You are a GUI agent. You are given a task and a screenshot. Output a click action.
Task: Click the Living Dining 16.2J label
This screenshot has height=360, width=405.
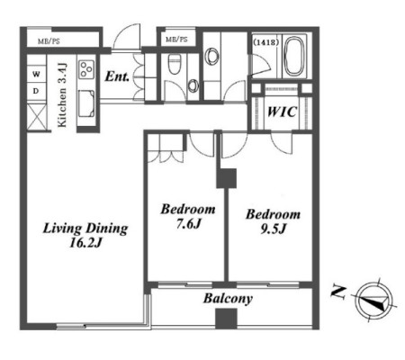(x=85, y=236)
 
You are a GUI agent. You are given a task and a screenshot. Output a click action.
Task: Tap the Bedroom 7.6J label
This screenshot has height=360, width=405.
(x=188, y=216)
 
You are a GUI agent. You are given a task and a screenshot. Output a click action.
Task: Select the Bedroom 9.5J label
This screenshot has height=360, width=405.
(x=273, y=221)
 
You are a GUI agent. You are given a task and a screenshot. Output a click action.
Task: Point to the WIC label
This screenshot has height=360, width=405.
(x=282, y=112)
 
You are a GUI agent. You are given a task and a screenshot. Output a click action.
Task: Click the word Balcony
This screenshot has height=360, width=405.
(x=228, y=299)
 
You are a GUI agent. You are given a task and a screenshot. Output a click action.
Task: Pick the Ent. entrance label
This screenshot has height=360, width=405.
(x=117, y=76)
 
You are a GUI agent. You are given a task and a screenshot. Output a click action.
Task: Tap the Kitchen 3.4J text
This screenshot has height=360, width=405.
(x=62, y=95)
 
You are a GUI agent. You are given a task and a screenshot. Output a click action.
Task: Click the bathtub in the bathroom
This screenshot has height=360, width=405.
(x=294, y=57)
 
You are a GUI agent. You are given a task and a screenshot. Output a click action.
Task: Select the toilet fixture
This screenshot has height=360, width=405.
(x=175, y=64)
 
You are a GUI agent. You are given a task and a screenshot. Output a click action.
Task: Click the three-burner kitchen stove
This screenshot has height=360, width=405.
(x=86, y=69)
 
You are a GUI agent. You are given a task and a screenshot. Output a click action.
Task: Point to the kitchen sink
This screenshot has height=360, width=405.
(x=86, y=103)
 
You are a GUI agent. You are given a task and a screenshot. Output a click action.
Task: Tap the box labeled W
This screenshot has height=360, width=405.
(x=36, y=74)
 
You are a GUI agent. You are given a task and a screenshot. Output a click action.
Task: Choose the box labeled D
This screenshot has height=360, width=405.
(x=36, y=91)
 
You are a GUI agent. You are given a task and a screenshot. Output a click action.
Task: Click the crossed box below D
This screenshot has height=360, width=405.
(x=37, y=117)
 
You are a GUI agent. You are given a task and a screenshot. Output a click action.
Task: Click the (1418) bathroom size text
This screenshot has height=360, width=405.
(x=265, y=42)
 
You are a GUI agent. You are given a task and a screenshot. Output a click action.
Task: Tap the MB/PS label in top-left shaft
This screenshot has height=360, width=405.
(x=49, y=41)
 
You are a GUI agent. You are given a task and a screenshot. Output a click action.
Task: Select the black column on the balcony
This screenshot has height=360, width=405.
(x=227, y=319)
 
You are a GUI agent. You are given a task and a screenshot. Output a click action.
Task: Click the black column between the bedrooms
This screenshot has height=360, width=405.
(x=227, y=178)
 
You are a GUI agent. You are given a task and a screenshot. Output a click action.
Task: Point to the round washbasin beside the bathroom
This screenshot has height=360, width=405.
(x=212, y=56)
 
